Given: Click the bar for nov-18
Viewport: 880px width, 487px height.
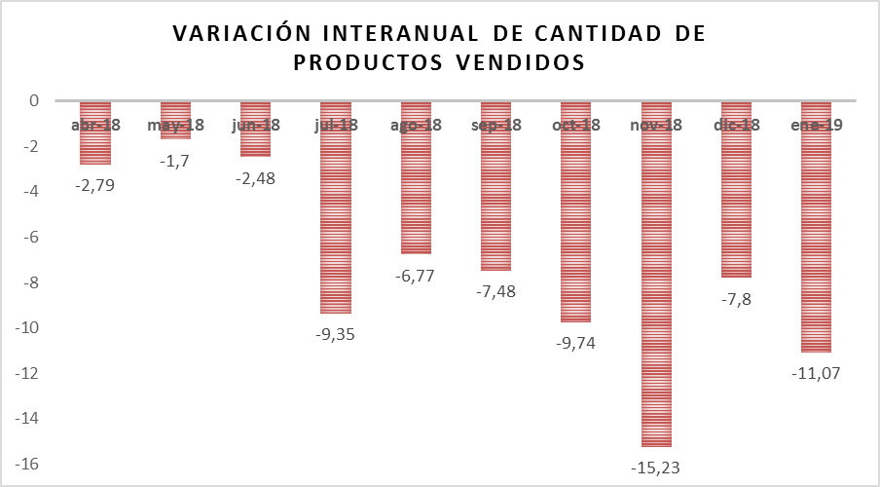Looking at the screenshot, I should (655, 292).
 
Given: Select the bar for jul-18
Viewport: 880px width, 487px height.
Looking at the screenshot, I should (336, 224).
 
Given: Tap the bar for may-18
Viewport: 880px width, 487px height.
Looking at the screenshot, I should (175, 131).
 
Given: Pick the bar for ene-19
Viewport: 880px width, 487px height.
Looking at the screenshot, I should (816, 243).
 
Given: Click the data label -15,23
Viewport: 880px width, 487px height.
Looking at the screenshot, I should (655, 468).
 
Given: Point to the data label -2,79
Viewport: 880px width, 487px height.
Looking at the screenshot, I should (94, 184).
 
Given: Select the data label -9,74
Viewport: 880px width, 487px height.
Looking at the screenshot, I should (575, 342).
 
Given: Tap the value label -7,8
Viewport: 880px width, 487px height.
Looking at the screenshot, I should (736, 298).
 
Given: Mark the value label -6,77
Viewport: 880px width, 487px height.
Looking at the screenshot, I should (416, 275).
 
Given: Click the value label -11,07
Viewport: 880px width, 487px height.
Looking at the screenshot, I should (816, 372).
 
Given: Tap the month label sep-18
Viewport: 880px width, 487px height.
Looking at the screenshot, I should (495, 125).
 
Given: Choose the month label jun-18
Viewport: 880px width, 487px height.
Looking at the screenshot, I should (256, 125).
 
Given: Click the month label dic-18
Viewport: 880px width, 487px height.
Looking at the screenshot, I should (736, 125).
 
